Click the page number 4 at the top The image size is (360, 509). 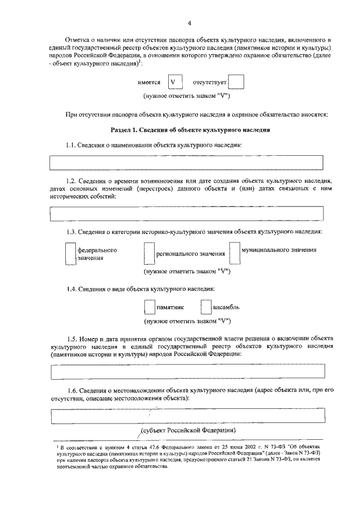tap(189, 22)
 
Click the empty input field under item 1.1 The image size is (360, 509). tap(187, 162)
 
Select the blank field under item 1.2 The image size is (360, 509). tap(187, 214)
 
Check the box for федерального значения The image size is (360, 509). tap(70, 253)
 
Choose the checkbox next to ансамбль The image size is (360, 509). tap(206, 307)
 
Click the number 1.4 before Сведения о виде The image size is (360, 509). tap(71, 289)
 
